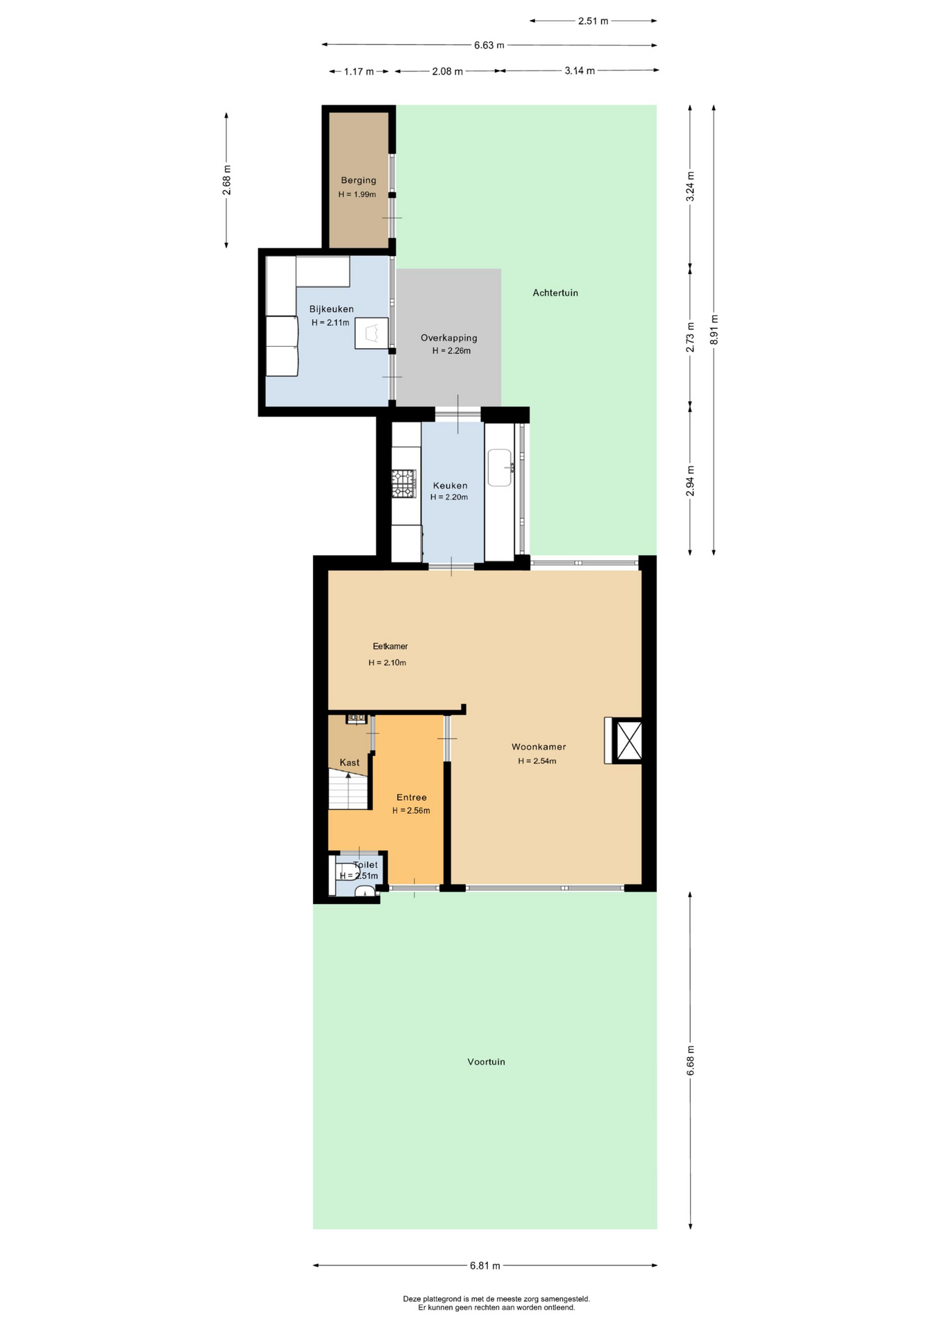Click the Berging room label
click(359, 181)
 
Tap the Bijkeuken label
click(332, 309)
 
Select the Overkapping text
click(449, 338)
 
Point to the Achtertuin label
click(555, 293)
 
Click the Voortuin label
click(486, 1061)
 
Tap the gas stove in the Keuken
click(404, 484)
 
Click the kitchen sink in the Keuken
click(500, 467)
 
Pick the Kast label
click(350, 763)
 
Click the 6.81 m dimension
click(485, 1265)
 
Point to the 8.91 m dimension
click(714, 329)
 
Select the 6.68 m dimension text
click(690, 1060)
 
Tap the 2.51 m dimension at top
click(593, 21)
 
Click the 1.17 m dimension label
click(359, 71)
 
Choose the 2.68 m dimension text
click(227, 180)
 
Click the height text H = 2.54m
click(537, 761)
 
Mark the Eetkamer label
click(390, 647)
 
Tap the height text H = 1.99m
click(357, 195)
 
